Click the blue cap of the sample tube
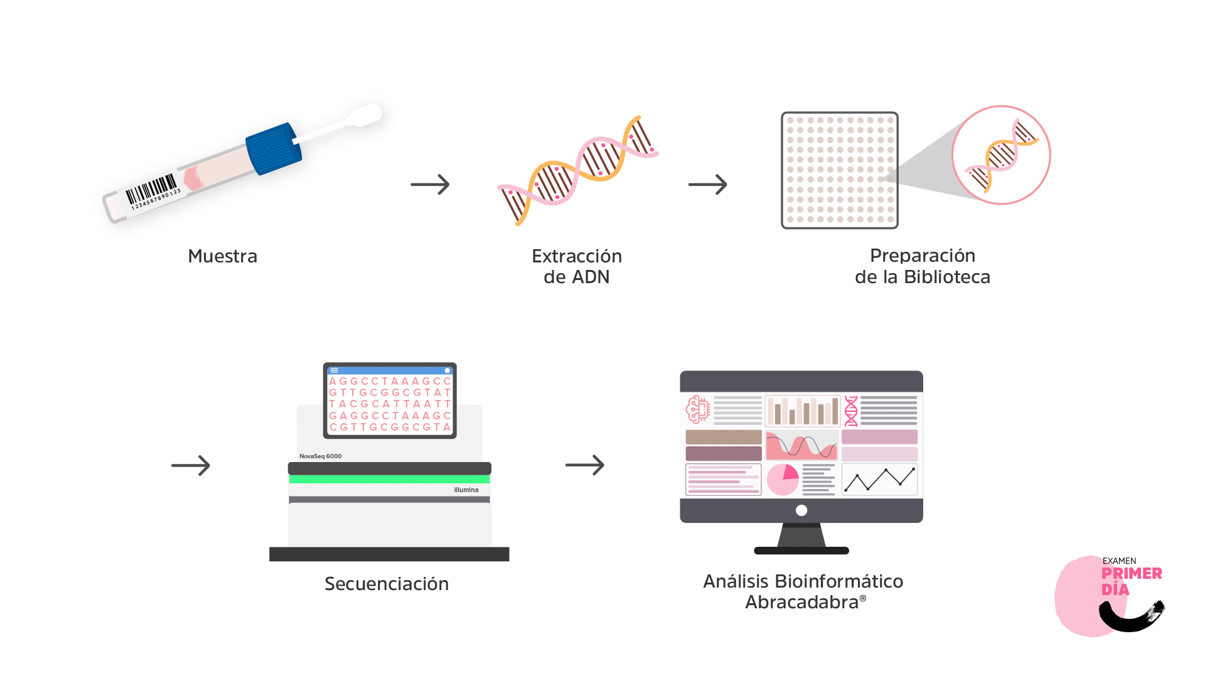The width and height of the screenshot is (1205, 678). click(273, 148)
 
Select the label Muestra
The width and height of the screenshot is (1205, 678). click(223, 256)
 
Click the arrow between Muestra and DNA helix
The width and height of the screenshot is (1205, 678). click(430, 185)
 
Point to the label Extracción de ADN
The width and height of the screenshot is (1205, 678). click(577, 266)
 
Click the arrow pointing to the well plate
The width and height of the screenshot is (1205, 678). click(707, 185)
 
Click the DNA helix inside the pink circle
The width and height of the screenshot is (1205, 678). click(1001, 156)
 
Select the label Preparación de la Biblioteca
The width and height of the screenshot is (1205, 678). click(923, 266)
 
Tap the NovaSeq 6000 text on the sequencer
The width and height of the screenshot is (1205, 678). click(321, 456)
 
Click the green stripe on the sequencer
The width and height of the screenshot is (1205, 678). click(389, 479)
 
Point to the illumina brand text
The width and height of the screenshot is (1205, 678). click(466, 490)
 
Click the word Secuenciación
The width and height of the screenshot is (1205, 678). click(387, 584)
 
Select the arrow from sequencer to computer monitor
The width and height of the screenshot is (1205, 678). click(585, 465)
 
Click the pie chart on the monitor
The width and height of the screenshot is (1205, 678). click(783, 480)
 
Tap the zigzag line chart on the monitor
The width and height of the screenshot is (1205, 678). click(879, 480)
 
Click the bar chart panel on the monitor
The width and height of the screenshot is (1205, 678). click(802, 411)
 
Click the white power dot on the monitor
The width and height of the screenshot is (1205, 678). click(801, 510)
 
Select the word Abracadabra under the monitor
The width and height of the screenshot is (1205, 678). click(801, 603)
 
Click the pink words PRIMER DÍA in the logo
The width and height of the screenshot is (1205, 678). click(1132, 581)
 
